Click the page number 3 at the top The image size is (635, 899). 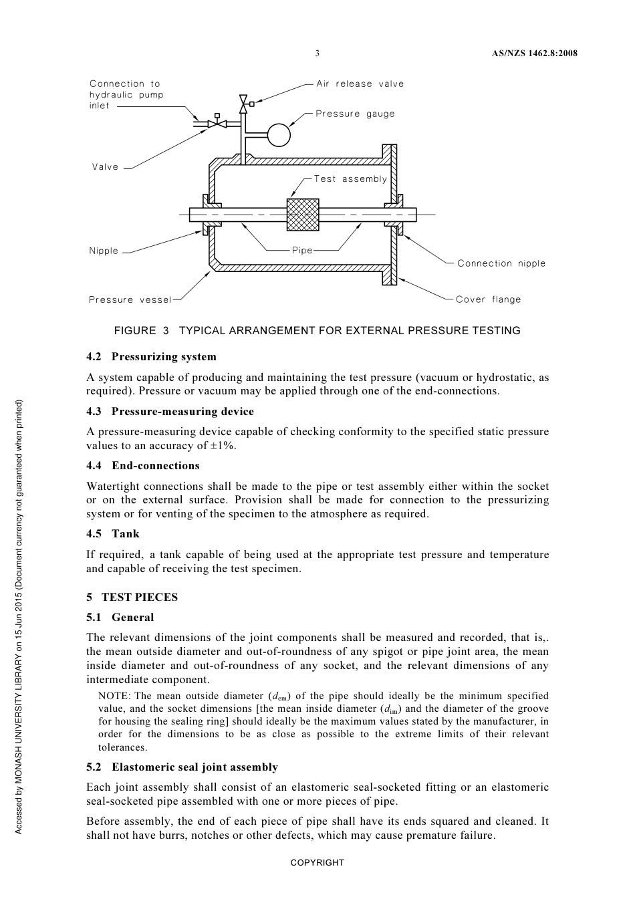317,53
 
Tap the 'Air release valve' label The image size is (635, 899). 360,84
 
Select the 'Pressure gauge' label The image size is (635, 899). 355,114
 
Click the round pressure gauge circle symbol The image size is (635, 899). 279,135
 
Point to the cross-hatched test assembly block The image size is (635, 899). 303,215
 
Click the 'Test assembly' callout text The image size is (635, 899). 350,179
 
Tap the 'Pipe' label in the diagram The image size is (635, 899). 302,251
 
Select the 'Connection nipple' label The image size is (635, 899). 501,263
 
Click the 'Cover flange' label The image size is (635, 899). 488,299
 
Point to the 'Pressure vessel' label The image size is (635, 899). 130,300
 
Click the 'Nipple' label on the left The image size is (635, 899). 104,251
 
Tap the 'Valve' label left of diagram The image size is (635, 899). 105,167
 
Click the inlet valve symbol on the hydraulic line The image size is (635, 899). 217,124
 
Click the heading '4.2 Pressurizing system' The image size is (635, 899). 151,357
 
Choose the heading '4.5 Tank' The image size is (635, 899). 113,534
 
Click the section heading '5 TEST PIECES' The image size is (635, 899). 132,598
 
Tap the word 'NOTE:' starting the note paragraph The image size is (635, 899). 114,696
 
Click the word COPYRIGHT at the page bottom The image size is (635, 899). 317,863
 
